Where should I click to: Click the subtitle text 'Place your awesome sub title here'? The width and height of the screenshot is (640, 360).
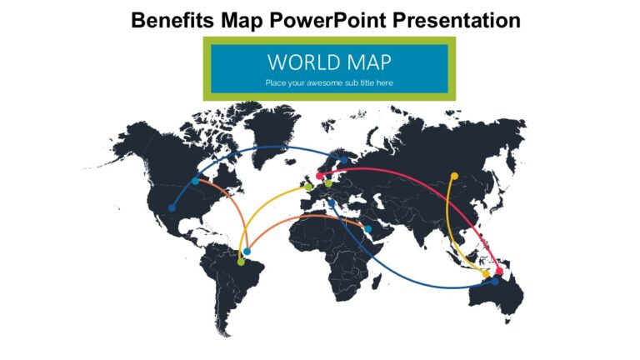pyautogui.click(x=329, y=82)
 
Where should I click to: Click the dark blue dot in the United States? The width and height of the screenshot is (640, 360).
pyautogui.click(x=172, y=208)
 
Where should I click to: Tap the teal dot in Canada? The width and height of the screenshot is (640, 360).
pyautogui.click(x=196, y=181)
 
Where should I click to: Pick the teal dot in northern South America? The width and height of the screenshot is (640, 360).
pyautogui.click(x=247, y=251)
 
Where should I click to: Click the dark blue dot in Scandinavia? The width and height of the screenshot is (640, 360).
pyautogui.click(x=342, y=161)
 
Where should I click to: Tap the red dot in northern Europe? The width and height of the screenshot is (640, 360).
pyautogui.click(x=319, y=177)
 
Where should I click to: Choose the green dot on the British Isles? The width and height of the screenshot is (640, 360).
pyautogui.click(x=307, y=187)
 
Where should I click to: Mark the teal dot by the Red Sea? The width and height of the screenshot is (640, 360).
pyautogui.click(x=367, y=228)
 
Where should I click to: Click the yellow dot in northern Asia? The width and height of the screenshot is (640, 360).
pyautogui.click(x=454, y=176)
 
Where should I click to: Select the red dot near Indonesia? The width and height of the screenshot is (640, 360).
pyautogui.click(x=499, y=271)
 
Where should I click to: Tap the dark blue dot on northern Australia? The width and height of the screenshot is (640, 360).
pyautogui.click(x=495, y=282)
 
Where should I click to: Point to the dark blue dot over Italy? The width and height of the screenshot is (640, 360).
pyautogui.click(x=331, y=202)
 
